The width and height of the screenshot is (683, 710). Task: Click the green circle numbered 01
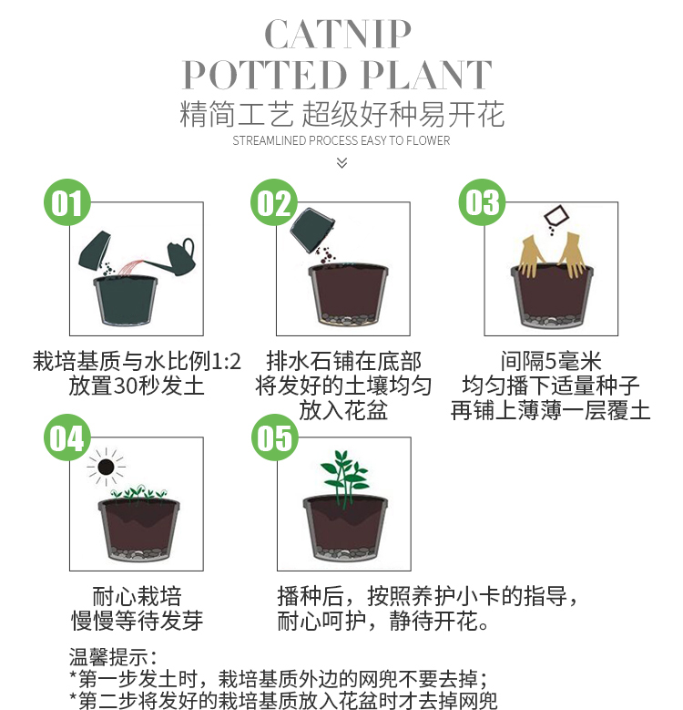[x=67, y=202]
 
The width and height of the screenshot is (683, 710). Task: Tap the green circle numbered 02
[x=274, y=202]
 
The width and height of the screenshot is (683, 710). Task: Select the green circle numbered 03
[x=482, y=202]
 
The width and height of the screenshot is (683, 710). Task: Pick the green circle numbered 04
[x=67, y=437]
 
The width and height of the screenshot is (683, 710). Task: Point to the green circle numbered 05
[x=274, y=437]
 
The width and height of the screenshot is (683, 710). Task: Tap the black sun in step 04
[x=106, y=467]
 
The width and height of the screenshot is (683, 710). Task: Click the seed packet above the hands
[x=556, y=216]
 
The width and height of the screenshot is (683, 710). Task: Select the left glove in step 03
[x=533, y=255]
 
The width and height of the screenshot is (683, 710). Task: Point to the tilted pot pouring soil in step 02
[x=312, y=229]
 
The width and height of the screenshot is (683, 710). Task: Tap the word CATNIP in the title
[x=338, y=34]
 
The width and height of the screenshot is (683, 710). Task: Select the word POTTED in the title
[x=265, y=75]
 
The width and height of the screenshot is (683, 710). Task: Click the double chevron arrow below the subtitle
[x=341, y=162]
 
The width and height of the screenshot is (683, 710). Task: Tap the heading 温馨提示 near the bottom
[x=108, y=656]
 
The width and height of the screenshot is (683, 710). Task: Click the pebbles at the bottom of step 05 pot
[x=344, y=552]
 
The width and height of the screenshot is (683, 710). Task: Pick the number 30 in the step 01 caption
[x=124, y=386]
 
